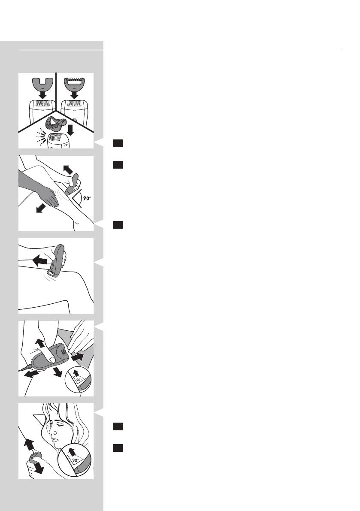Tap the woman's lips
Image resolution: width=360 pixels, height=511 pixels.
(55, 451)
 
